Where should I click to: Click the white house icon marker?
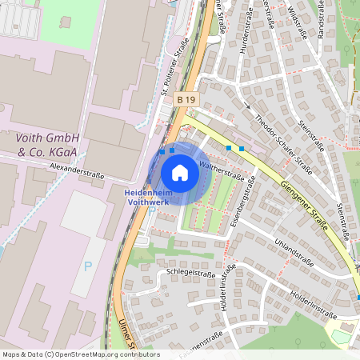pos(180,173)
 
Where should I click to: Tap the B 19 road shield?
pos(186,99)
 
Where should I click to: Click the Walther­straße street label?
pos(221,168)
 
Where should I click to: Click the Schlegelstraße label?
pos(191,273)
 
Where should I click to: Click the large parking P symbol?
pos(88,266)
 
